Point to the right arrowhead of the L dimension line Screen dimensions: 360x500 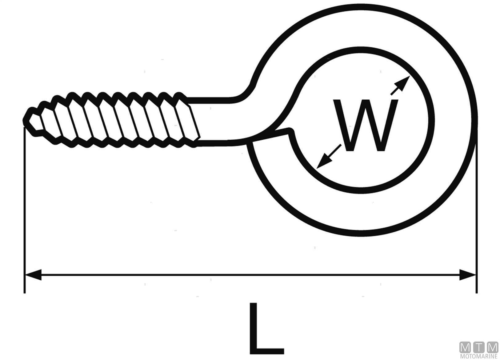(468, 274)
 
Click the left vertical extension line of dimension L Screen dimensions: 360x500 (24, 215)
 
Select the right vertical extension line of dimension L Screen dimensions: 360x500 (477, 215)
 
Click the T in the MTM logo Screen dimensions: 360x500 (479, 347)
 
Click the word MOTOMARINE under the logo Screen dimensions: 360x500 (479, 357)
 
